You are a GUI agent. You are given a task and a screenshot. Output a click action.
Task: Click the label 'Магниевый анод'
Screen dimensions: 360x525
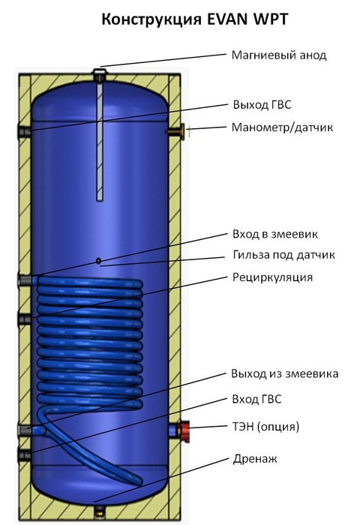[279, 55]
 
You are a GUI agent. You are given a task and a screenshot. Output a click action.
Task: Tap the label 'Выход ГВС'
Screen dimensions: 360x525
[262, 105]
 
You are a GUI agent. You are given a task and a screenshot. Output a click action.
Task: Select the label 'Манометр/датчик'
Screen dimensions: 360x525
[282, 127]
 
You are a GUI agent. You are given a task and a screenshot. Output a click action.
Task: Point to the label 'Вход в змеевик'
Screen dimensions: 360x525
[275, 234]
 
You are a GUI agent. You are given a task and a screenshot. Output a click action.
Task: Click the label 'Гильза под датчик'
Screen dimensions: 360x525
[283, 255]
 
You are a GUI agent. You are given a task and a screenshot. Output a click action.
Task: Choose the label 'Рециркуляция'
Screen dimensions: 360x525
[272, 277]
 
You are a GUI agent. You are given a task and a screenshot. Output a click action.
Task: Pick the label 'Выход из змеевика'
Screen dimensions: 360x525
[285, 373]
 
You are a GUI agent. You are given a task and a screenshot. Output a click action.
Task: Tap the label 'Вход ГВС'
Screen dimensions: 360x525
[256, 399]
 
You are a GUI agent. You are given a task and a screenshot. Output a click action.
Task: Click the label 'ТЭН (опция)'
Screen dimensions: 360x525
[265, 427]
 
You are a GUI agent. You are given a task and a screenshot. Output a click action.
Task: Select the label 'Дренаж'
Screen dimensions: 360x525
[255, 458]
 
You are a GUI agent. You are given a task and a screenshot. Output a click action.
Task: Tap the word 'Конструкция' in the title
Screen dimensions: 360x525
[151, 20]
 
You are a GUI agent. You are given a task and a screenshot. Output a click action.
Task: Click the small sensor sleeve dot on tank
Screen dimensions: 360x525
[98, 260]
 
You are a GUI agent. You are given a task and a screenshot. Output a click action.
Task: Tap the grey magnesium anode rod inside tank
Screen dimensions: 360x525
[100, 141]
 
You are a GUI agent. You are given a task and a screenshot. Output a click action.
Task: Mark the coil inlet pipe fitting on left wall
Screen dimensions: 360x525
[25, 280]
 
